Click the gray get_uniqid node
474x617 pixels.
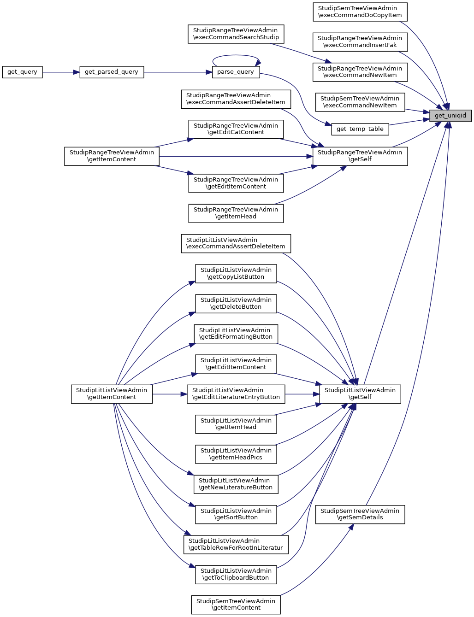click(x=450, y=116)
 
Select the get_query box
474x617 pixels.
click(x=22, y=72)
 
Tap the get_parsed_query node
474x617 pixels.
click(x=112, y=72)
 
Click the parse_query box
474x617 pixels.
click(x=235, y=72)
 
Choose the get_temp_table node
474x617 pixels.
click(x=360, y=129)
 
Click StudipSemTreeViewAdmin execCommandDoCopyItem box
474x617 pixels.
click(x=360, y=12)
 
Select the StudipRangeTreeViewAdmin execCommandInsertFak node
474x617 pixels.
click(x=360, y=41)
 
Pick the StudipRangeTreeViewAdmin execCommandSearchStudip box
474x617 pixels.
click(x=236, y=34)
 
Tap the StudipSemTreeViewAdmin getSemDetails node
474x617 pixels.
click(x=360, y=514)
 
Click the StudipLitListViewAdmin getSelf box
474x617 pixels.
click(x=360, y=394)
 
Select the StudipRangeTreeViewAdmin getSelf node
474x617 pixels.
click(x=360, y=156)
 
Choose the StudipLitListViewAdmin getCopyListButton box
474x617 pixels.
click(x=236, y=273)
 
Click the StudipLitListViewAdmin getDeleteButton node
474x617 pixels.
click(x=236, y=304)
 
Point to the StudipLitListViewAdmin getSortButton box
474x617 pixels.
click(x=236, y=514)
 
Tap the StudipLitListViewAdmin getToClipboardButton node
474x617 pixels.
click(x=236, y=574)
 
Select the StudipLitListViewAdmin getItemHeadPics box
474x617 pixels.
click(x=236, y=454)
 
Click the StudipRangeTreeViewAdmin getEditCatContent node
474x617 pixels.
click(x=236, y=129)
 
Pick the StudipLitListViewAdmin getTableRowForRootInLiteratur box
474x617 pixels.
click(x=236, y=544)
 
